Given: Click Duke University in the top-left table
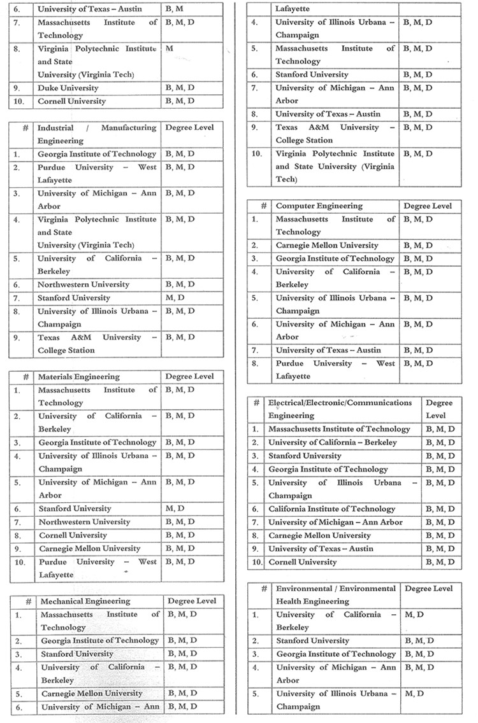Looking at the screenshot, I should click(x=68, y=88).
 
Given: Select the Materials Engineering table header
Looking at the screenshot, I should click(x=78, y=377).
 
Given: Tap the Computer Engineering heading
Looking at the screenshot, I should click(x=319, y=206).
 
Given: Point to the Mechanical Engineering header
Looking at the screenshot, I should click(x=85, y=601).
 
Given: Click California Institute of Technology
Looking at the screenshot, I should click(x=331, y=509).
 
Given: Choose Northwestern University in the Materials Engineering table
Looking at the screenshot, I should click(x=83, y=522).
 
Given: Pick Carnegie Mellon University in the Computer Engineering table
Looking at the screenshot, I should click(x=327, y=246).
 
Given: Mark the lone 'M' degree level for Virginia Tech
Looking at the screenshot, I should click(x=170, y=49).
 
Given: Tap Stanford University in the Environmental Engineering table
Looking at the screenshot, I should click(x=312, y=641).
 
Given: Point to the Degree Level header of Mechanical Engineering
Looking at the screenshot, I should click(x=192, y=601).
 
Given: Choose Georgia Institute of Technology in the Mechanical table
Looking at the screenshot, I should click(x=100, y=641).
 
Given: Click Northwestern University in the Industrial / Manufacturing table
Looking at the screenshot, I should click(x=83, y=285).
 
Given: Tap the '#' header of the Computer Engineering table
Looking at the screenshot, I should click(x=263, y=206).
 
